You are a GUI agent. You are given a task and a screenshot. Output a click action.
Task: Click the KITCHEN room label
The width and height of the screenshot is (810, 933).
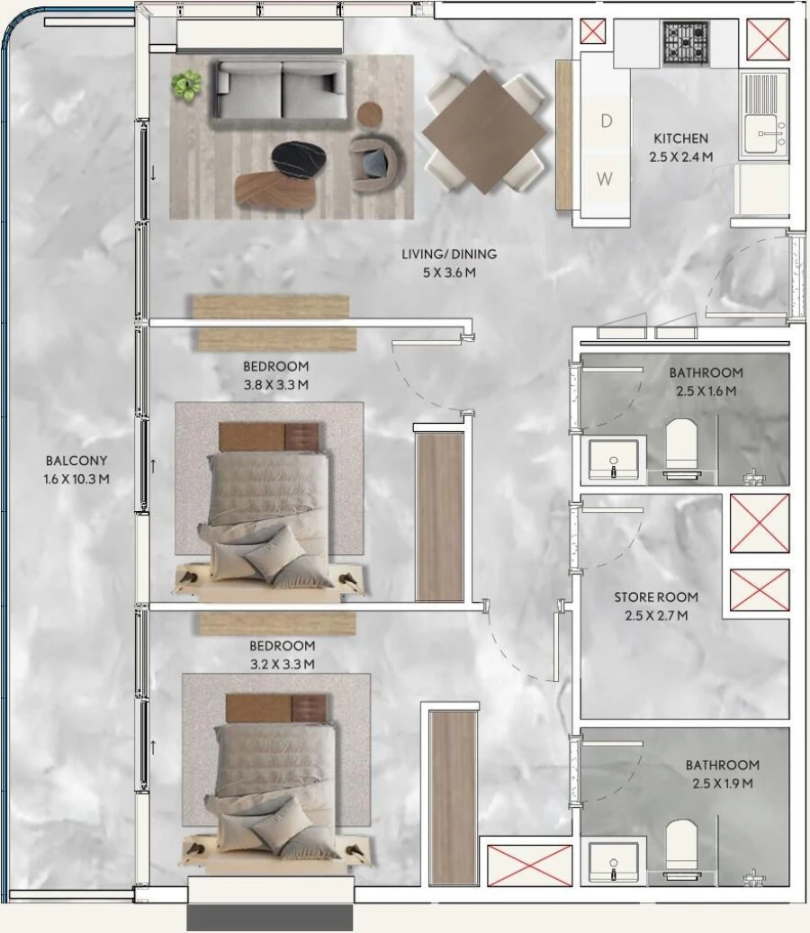pos(680,139)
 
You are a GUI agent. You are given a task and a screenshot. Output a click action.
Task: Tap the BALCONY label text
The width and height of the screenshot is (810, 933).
pos(76,461)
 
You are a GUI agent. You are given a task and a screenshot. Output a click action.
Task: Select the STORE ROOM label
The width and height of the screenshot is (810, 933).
pos(656,597)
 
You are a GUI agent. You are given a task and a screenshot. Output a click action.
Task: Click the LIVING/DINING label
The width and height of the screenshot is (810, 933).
pos(449,255)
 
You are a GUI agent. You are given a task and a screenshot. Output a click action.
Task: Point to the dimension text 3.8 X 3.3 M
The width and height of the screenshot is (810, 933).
pos(275,385)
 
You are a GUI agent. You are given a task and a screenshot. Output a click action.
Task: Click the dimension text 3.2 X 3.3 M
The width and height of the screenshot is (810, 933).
pos(282,665)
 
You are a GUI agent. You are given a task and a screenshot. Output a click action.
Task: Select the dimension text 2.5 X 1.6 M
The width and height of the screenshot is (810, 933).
pos(706,391)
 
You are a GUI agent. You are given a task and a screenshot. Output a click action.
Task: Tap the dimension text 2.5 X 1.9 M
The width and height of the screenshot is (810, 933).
pos(722,784)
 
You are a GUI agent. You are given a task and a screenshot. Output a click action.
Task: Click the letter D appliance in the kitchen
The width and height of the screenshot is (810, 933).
pos(606,121)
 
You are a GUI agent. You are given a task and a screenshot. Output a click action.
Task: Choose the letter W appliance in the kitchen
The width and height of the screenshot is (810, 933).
pos(605,179)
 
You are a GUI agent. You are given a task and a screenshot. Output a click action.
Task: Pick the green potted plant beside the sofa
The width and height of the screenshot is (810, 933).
pos(187,85)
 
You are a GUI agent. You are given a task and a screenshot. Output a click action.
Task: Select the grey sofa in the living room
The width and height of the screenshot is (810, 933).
pos(281,90)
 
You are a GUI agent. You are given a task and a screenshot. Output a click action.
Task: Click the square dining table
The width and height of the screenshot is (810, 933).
pos(484,131)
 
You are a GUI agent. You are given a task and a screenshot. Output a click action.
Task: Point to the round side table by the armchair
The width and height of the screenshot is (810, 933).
pos(371,115)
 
